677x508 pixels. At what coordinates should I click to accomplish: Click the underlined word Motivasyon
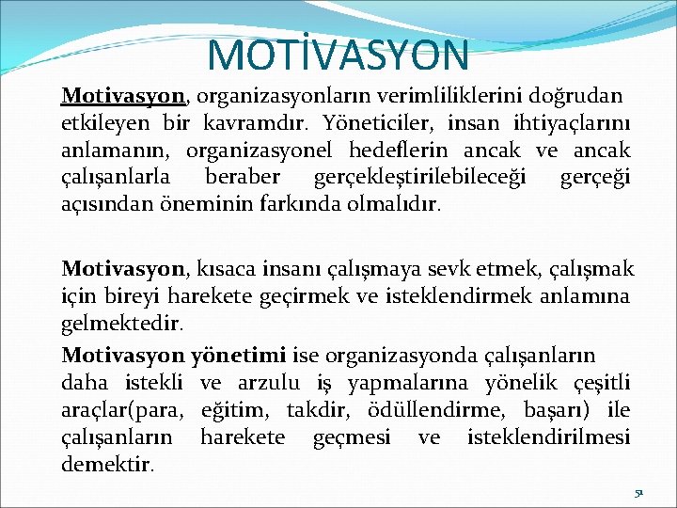[122, 96]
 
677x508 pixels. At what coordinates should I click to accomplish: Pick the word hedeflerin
[401, 151]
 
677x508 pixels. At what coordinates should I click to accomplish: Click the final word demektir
[108, 464]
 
